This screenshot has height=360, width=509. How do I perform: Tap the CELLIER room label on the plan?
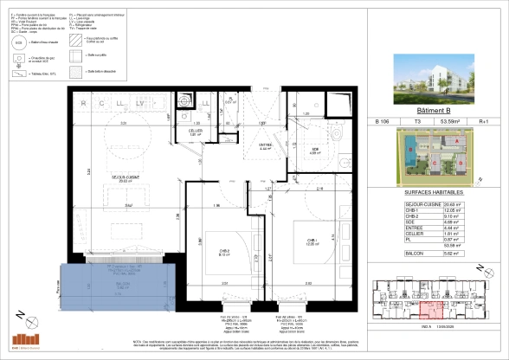[196, 132]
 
